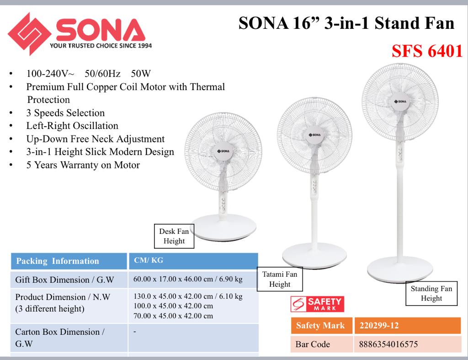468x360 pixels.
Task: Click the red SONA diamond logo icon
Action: [x=29, y=33]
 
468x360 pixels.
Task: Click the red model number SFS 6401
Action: [x=427, y=51]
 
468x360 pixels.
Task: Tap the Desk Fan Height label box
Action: [x=174, y=236]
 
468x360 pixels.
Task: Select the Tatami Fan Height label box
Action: [x=280, y=279]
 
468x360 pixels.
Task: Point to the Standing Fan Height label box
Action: [x=431, y=293]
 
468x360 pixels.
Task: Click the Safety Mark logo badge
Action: [x=317, y=304]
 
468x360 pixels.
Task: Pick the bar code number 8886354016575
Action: [x=388, y=344]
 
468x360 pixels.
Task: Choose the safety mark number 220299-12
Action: [x=379, y=325]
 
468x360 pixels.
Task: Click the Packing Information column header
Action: [x=69, y=261]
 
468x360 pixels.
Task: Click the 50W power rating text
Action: [x=141, y=74]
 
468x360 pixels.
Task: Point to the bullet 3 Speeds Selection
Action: [x=65, y=113]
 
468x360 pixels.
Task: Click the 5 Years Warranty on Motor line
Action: [x=83, y=165]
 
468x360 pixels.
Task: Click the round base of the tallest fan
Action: [x=400, y=269]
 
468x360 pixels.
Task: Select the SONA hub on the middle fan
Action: [x=315, y=135]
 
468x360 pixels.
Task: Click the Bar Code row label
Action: [x=313, y=344]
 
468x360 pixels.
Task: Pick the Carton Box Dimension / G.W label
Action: [x=60, y=338]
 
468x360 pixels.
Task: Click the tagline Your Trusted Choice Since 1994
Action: [x=101, y=46]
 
